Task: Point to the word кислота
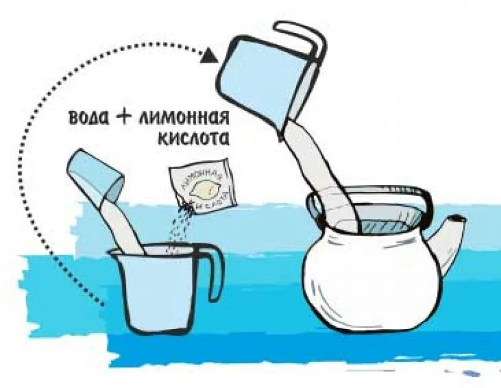(x=193, y=138)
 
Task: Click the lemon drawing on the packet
(x=203, y=187)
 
